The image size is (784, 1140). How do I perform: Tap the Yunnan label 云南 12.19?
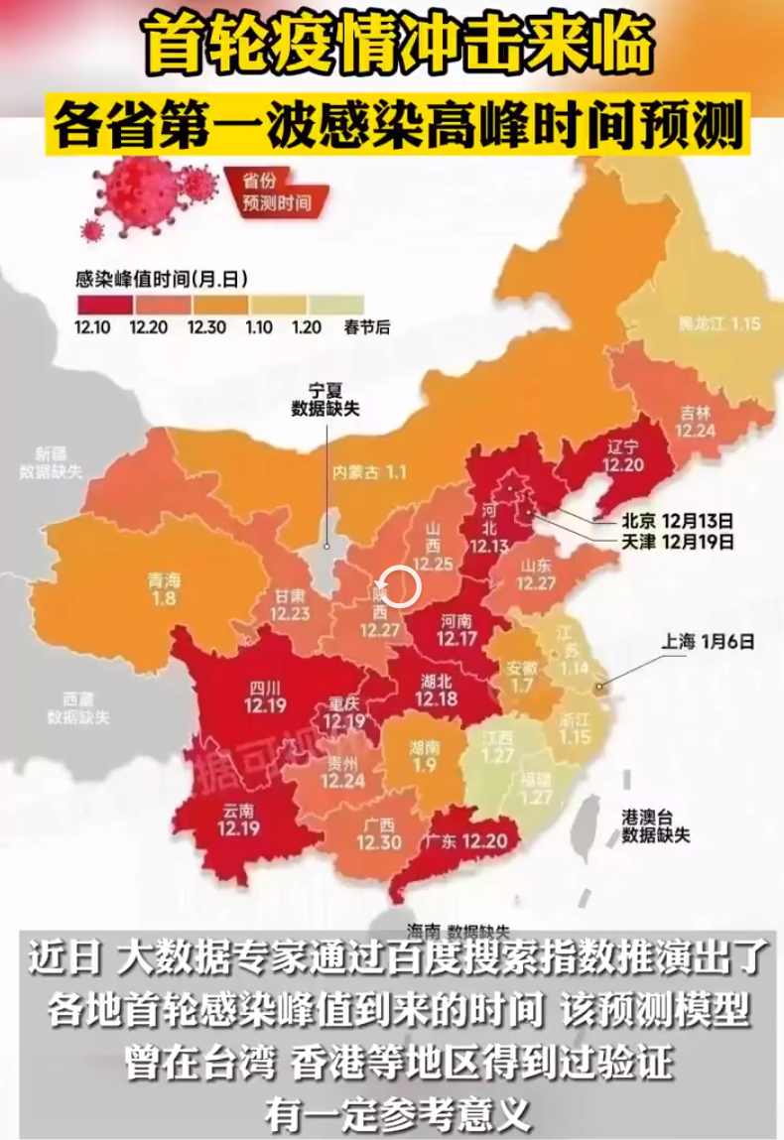(x=235, y=821)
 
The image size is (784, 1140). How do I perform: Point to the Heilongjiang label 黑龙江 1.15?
(x=719, y=324)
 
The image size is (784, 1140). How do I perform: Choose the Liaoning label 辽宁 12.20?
(x=623, y=455)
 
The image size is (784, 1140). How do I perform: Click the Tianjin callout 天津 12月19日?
(x=677, y=542)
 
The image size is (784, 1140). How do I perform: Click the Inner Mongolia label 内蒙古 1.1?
(x=370, y=472)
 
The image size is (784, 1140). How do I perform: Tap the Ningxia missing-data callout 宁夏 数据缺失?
(x=325, y=399)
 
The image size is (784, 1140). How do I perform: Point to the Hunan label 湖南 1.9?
(x=424, y=757)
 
